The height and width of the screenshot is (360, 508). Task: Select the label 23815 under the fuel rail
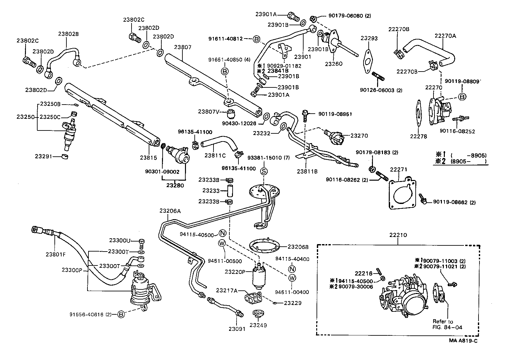tap(148, 158)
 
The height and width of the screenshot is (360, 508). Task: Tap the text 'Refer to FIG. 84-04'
tap(447, 324)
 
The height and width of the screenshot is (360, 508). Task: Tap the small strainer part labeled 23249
tap(258, 313)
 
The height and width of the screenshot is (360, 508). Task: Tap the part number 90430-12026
tap(239, 123)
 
